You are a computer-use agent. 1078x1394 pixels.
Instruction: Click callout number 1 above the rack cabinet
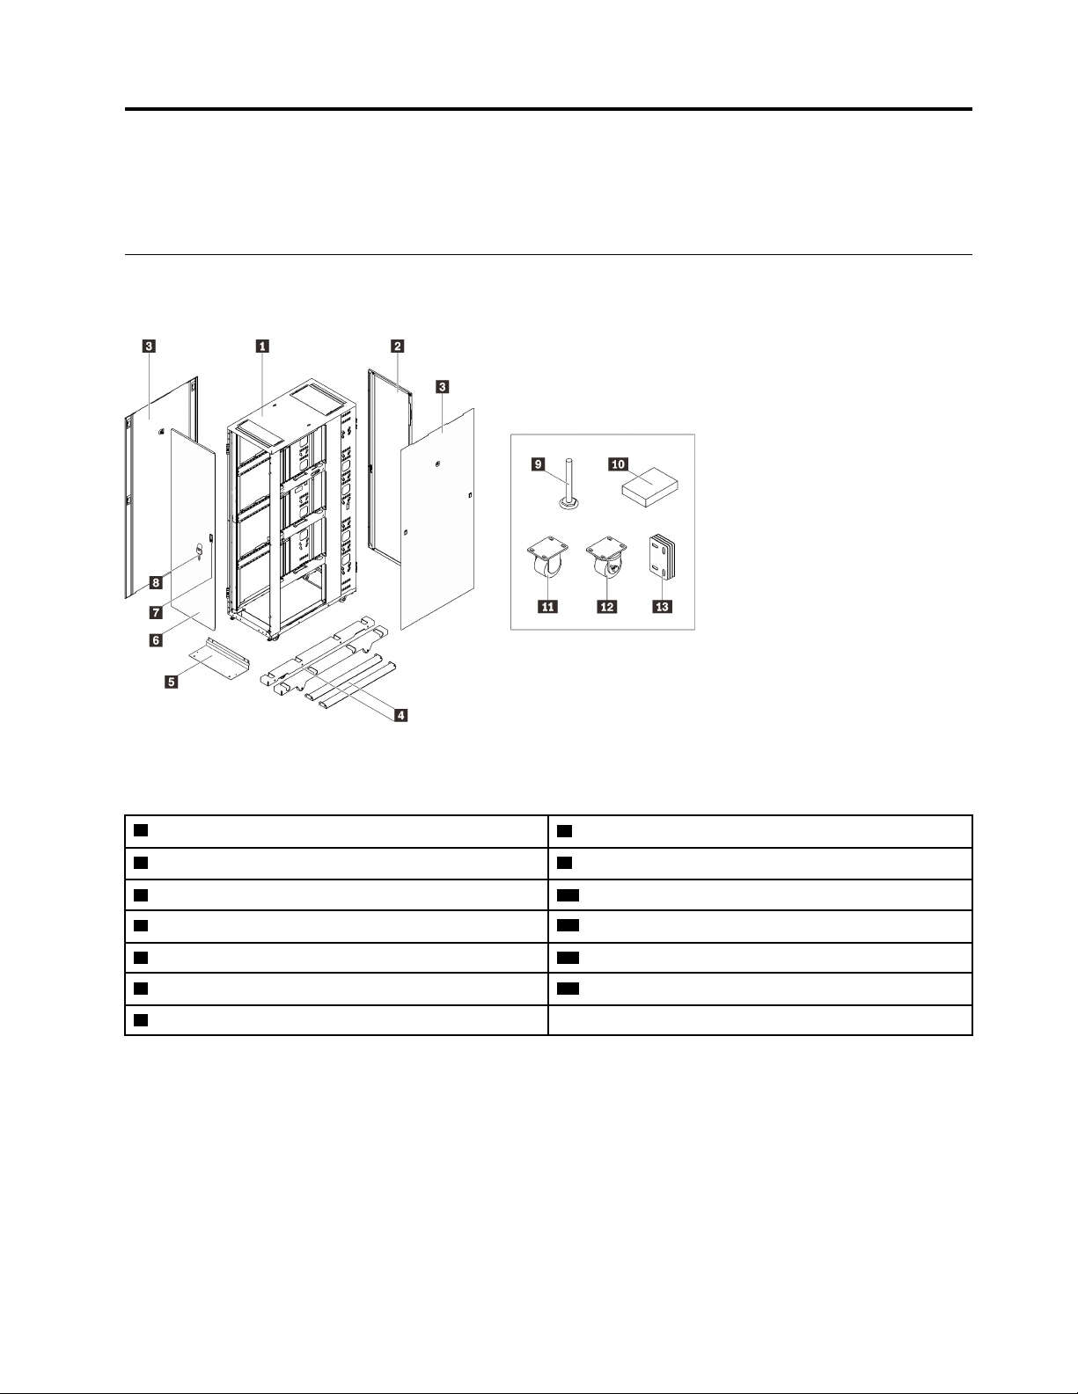(x=262, y=347)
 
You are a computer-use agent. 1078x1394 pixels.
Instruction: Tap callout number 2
(x=398, y=347)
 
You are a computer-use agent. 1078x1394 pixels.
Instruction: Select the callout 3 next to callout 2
(x=442, y=386)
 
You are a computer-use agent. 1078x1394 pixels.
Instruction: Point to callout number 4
(x=400, y=715)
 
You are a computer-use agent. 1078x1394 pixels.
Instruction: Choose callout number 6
(x=155, y=640)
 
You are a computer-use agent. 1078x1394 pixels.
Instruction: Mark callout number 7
(x=155, y=611)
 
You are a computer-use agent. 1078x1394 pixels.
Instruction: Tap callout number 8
(x=155, y=582)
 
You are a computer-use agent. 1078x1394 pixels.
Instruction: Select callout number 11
(x=548, y=607)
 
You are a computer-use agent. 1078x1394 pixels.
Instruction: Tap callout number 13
(x=662, y=607)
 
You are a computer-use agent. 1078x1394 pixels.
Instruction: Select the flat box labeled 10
(x=652, y=485)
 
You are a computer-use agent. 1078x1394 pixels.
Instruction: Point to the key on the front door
(x=198, y=551)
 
